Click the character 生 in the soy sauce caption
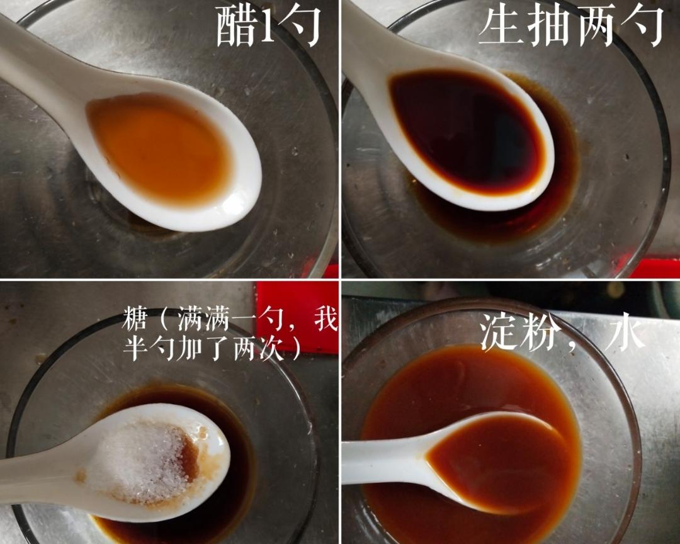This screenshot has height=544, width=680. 499,26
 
